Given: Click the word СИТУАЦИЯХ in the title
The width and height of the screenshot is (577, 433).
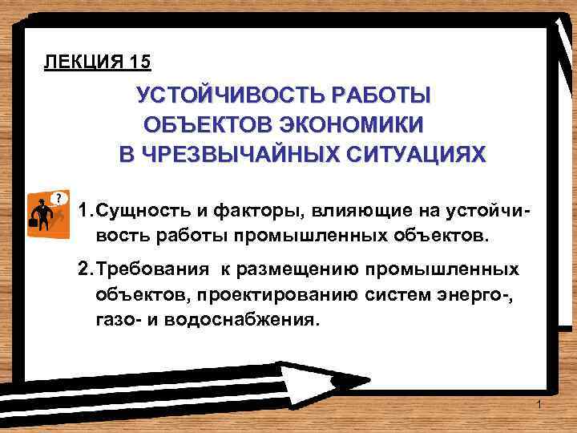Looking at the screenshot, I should (416, 154).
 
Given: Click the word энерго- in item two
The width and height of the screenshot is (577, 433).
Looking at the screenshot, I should (479, 294).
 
